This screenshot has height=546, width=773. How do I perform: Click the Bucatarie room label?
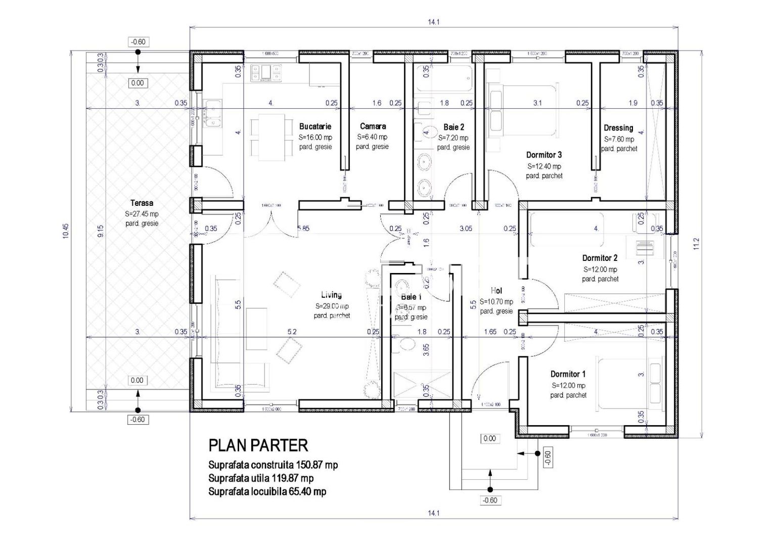(315, 126)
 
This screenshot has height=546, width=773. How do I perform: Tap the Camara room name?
(373, 126)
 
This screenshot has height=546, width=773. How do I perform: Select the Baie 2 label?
(453, 127)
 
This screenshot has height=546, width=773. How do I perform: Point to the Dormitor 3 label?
(543, 155)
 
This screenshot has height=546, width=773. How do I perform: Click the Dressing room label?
(618, 128)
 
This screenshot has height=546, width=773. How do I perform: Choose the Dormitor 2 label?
(600, 258)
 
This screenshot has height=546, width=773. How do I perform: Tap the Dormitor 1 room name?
(568, 375)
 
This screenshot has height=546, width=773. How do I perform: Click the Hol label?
(496, 291)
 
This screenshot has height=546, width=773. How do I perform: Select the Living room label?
(331, 295)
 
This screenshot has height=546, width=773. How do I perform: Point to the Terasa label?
(142, 203)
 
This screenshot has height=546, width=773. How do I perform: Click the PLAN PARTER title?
(258, 445)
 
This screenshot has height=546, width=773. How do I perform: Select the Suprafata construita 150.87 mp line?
(273, 465)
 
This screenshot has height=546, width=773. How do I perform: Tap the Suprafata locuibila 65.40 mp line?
(267, 491)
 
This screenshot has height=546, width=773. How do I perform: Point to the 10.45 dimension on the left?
(66, 230)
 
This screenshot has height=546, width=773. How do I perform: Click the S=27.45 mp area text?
(142, 214)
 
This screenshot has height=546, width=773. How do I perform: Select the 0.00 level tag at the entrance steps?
(489, 438)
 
